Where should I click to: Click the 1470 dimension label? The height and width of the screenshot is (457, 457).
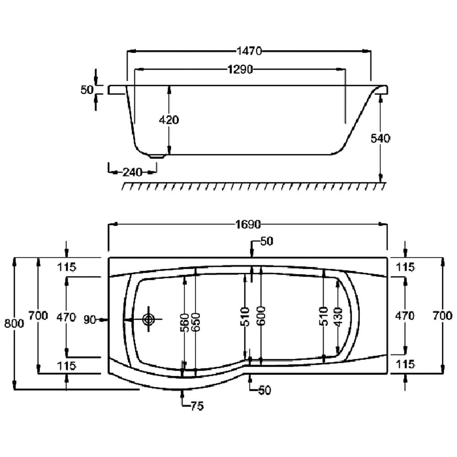[249, 51]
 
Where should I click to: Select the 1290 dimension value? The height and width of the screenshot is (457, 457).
[240, 69]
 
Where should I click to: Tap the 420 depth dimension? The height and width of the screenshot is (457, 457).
[169, 120]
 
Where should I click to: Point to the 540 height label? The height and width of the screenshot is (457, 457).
[380, 138]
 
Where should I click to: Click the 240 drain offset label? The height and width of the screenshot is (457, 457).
[133, 172]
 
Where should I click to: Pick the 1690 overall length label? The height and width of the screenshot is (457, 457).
[248, 224]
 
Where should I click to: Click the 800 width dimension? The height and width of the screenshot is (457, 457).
[14, 323]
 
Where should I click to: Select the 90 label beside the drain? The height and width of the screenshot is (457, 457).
[90, 320]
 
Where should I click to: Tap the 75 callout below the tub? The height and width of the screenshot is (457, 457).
[197, 406]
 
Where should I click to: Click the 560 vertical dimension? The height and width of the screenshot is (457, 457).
[184, 322]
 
